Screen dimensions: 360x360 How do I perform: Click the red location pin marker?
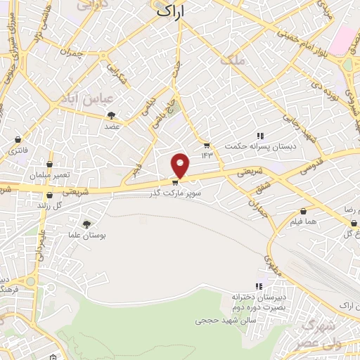[181, 165]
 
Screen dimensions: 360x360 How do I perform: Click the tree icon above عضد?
[111, 115]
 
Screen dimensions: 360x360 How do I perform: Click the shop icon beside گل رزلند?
[49, 196]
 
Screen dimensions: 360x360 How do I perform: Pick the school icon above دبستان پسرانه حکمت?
[259, 135]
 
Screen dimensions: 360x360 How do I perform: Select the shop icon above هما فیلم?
[303, 210]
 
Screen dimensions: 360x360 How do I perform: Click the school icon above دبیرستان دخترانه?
[259, 285]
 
